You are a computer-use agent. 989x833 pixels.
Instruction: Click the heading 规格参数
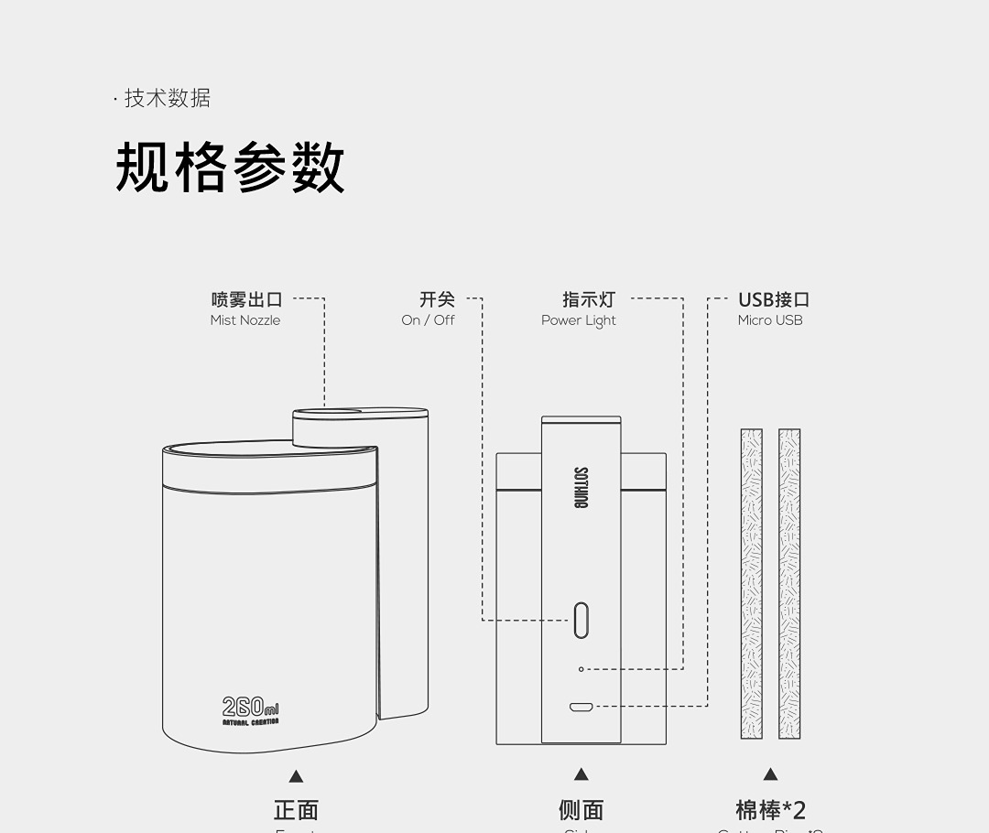click(x=230, y=168)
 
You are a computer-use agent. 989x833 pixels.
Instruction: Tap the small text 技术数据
click(x=167, y=99)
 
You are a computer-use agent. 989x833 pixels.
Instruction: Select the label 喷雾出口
click(x=246, y=299)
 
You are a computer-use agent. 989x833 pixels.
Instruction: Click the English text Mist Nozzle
click(x=245, y=320)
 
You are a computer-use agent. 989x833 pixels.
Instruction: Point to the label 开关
click(x=437, y=299)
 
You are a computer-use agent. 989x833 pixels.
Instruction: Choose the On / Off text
click(x=428, y=320)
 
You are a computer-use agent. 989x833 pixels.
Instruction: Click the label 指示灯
click(x=589, y=299)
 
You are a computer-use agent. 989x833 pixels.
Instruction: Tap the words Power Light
click(x=579, y=320)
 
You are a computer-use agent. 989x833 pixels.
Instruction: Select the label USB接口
click(x=774, y=299)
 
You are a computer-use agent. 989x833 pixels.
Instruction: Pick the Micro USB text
click(x=770, y=320)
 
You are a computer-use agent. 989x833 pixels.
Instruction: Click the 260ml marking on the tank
click(x=250, y=708)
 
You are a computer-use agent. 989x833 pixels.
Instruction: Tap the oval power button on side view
click(x=581, y=620)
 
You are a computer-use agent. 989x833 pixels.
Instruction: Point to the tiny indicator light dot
click(x=581, y=669)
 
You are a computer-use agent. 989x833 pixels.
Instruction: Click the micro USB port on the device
click(x=581, y=707)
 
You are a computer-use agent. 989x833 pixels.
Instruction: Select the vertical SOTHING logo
click(x=581, y=488)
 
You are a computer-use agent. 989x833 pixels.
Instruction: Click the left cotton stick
click(x=752, y=583)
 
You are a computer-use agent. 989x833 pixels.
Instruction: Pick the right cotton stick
click(x=789, y=583)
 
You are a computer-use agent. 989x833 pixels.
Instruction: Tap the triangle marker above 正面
click(x=296, y=776)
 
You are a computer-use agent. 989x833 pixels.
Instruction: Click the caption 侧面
click(x=581, y=810)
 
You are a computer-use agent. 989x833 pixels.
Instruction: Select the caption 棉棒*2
click(x=770, y=810)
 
